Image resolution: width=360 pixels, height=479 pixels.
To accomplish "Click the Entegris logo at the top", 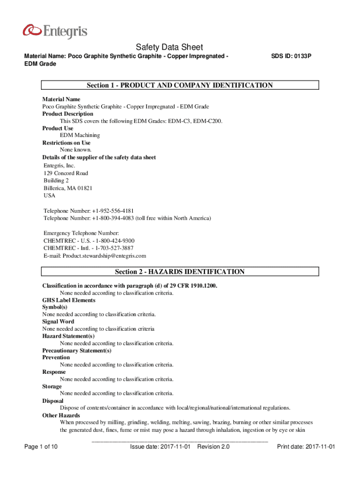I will [55, 31].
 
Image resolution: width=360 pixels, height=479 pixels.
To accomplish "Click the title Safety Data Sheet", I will [169, 47].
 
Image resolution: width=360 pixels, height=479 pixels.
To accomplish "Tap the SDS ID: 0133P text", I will [291, 56].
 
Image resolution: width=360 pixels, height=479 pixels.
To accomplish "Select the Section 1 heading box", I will [180, 85].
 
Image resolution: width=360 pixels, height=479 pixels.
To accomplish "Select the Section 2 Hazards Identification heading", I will [180, 272].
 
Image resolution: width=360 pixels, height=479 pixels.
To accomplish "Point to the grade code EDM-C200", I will [209, 121].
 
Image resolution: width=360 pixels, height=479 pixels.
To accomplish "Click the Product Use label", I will [58, 128].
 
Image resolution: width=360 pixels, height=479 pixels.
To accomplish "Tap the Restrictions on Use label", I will [66, 143].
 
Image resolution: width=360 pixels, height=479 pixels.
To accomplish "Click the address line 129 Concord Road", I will [66, 173].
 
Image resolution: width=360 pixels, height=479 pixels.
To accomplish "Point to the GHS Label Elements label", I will [69, 300].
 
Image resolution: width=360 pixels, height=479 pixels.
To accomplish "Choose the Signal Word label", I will [58, 322].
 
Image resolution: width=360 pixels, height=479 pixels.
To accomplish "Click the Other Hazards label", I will [61, 415].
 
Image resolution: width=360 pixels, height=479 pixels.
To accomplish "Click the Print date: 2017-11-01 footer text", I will [306, 447].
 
